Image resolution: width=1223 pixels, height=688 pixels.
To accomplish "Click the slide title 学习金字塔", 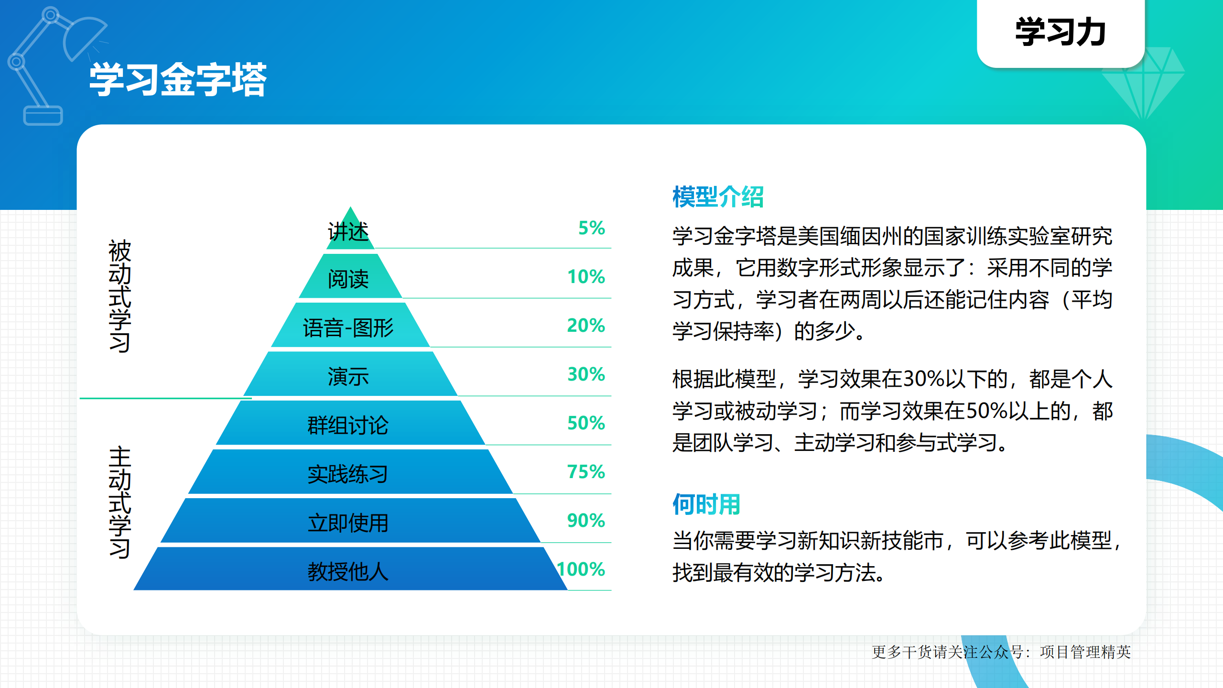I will click(x=178, y=79).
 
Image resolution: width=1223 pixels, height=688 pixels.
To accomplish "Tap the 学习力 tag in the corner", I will click(x=1060, y=33).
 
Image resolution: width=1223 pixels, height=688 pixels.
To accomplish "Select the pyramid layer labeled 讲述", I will click(x=349, y=232).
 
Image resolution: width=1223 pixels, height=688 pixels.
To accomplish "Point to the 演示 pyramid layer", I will click(x=349, y=376).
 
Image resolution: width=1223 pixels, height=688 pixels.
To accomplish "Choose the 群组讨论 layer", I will click(x=349, y=425).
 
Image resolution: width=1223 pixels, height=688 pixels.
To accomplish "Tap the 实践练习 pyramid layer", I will click(x=349, y=474).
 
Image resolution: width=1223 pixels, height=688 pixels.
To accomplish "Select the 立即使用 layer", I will click(x=349, y=523).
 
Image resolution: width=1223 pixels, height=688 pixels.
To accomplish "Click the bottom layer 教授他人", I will click(x=349, y=571).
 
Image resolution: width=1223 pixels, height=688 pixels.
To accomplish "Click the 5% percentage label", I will click(x=592, y=228).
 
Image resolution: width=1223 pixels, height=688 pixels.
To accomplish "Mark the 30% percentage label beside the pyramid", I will click(x=586, y=374).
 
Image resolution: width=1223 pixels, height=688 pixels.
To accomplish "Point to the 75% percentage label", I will click(x=586, y=472).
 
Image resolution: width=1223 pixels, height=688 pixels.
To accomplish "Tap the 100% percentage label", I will click(x=581, y=569).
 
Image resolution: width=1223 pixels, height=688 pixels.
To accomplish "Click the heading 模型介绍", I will click(x=718, y=197).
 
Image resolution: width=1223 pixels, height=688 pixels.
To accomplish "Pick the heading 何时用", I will click(x=706, y=504).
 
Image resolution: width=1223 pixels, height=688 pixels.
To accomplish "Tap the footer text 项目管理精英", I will click(x=1085, y=652).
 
